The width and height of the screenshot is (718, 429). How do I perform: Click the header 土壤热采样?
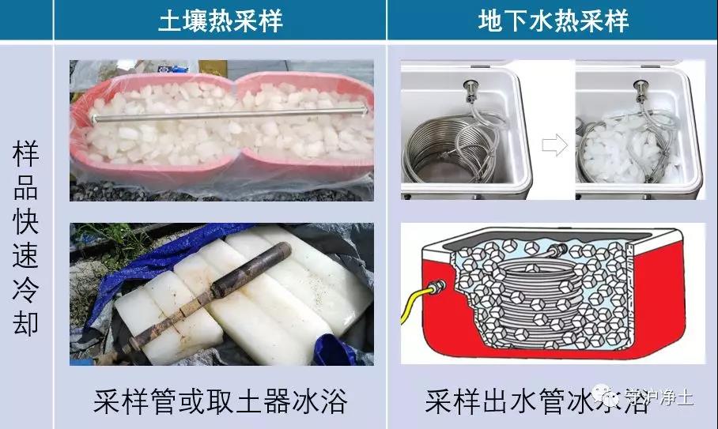coord(220,21)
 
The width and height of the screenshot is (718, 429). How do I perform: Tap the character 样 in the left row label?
coord(26,155)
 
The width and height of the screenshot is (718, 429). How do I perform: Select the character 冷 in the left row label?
coord(26,289)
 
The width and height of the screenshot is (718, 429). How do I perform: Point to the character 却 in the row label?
coord(26,323)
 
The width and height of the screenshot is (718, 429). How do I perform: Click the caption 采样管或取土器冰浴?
coord(220,401)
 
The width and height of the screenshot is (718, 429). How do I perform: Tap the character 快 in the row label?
coord(26,222)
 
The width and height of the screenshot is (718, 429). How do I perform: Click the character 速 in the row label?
coord(26,256)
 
